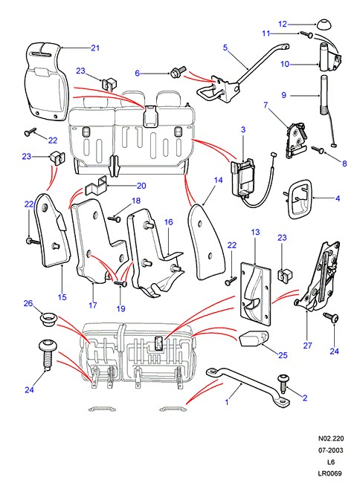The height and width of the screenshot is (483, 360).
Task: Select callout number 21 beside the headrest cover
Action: click(95, 48)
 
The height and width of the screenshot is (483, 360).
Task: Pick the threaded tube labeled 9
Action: click(324, 95)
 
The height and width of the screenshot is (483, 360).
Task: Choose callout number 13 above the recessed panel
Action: click(256, 232)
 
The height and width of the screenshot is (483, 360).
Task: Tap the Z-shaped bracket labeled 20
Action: click(95, 187)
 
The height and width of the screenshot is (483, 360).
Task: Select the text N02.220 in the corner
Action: click(331, 438)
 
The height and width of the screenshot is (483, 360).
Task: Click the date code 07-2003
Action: click(331, 450)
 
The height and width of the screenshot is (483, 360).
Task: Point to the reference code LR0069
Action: click(330, 473)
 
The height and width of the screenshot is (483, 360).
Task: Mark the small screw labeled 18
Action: click(115, 219)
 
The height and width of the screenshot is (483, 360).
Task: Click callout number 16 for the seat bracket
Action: click(169, 222)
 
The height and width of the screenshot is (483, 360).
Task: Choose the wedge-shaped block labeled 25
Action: click(253, 339)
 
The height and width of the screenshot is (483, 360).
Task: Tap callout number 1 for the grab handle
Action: click(227, 402)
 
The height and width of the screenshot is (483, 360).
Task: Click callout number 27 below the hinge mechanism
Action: click(307, 346)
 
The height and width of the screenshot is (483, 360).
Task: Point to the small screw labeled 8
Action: click(318, 150)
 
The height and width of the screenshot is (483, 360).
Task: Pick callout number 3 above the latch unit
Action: click(243, 129)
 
